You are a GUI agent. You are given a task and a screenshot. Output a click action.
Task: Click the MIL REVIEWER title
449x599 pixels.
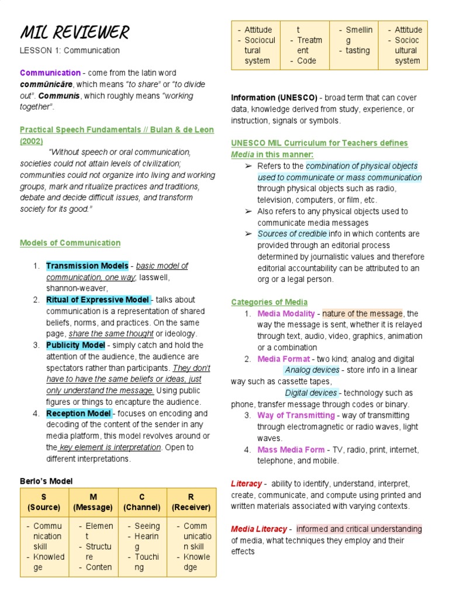pyautogui.click(x=74, y=32)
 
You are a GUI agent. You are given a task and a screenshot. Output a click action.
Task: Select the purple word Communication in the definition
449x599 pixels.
pyautogui.click(x=50, y=73)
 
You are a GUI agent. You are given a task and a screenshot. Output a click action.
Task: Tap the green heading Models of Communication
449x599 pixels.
pyautogui.click(x=70, y=243)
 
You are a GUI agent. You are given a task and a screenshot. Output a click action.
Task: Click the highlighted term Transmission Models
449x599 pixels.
pyautogui.click(x=87, y=266)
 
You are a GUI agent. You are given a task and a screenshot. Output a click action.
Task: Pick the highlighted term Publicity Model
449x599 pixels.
pyautogui.click(x=76, y=345)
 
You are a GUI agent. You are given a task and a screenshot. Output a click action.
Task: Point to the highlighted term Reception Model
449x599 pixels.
pyautogui.click(x=78, y=414)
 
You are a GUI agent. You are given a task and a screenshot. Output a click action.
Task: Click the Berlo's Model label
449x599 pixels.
pyautogui.click(x=46, y=481)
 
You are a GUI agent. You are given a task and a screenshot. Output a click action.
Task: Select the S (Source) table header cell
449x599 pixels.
pyautogui.click(x=44, y=502)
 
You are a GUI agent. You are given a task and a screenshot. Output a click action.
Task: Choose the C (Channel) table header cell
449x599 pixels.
pyautogui.click(x=141, y=502)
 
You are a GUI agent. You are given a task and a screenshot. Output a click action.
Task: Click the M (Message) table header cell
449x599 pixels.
pyautogui.click(x=93, y=502)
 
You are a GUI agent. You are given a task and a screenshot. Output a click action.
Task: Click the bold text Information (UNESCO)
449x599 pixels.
pyautogui.click(x=274, y=98)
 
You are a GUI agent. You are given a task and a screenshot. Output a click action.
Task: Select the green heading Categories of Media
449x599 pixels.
pyautogui.click(x=269, y=302)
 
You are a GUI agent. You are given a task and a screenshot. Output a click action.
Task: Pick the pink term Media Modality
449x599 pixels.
pyautogui.click(x=286, y=314)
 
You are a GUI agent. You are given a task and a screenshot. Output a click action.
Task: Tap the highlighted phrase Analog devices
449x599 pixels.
pyautogui.click(x=312, y=370)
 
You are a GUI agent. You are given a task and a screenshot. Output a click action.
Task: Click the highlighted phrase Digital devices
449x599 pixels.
pyautogui.click(x=311, y=393)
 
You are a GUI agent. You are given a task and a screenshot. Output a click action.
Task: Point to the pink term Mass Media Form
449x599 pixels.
pyautogui.click(x=291, y=449)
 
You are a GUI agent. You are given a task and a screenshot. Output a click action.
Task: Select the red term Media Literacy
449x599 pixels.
pyautogui.click(x=258, y=529)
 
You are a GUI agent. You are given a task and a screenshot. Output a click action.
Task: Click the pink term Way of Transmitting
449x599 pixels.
pyautogui.click(x=296, y=415)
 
